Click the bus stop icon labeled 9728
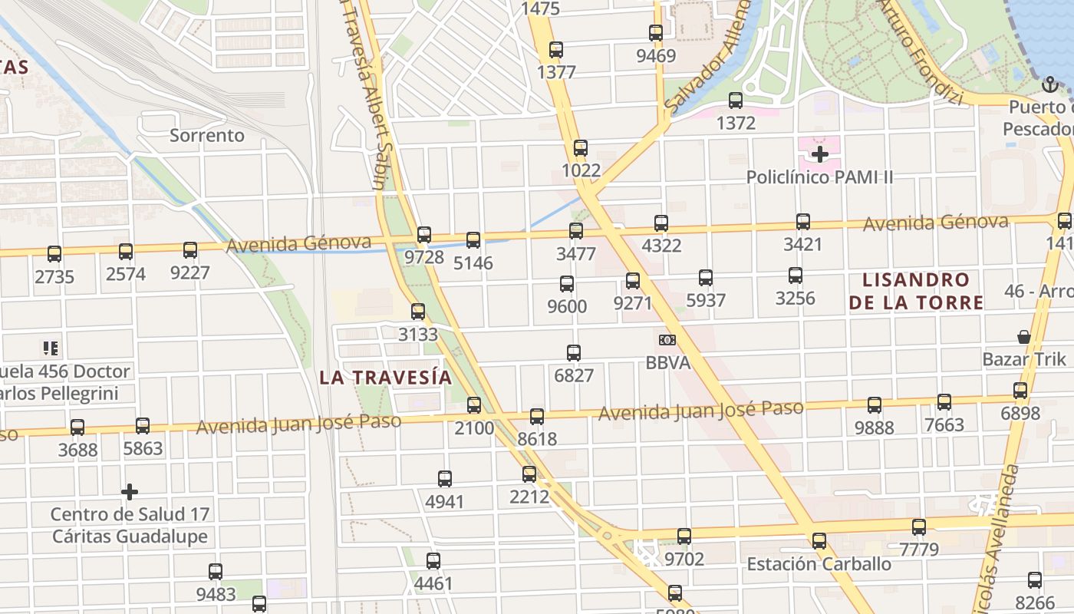tap(424, 235)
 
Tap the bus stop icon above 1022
tap(581, 148)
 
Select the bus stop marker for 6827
tap(574, 353)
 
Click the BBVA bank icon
tap(667, 340)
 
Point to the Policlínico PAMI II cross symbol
tap(820, 154)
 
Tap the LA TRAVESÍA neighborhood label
tap(385, 378)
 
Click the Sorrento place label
tap(207, 136)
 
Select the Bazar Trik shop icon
tap(1023, 337)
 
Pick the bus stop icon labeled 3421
tap(803, 222)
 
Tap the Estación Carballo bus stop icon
tap(819, 541)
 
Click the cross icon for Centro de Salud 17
tap(130, 491)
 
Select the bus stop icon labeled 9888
tap(875, 405)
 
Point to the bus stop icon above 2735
tap(54, 254)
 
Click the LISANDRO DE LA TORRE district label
tap(916, 291)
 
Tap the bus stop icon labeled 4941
tap(445, 479)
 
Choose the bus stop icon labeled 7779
tap(919, 527)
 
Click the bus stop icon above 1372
tap(736, 101)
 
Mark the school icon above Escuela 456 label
tap(51, 348)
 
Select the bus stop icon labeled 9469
tap(656, 33)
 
